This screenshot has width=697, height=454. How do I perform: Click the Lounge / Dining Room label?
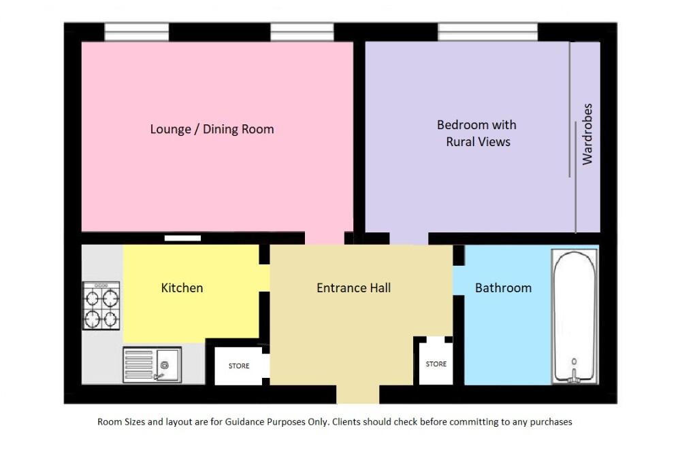pos(212,129)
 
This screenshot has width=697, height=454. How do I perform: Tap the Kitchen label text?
pos(182,287)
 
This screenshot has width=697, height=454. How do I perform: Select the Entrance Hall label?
pos(353,287)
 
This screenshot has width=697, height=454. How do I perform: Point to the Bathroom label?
pos(503,287)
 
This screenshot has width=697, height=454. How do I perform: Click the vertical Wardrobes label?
pos(587,134)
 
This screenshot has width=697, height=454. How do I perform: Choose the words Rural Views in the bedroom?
pos(478,142)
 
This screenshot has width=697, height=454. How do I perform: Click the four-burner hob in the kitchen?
pos(101,306)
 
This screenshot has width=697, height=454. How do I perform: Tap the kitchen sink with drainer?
pos(152,364)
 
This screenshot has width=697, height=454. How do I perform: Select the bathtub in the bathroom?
pos(575,316)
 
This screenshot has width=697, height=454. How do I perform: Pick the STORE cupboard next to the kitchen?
pos(238,366)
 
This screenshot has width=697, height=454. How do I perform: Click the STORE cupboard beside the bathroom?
pos(436,364)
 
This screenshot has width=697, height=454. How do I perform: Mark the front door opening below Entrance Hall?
pos(358,394)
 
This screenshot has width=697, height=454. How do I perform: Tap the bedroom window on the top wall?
pos(487,32)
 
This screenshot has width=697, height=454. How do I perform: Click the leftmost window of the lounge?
pos(137,32)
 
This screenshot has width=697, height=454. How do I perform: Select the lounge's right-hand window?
pos(302,32)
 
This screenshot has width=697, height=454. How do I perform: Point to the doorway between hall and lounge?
pos(324,238)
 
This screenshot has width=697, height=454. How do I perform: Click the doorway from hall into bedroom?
pos(408,238)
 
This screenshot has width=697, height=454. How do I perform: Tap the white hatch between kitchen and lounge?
pos(183,238)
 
